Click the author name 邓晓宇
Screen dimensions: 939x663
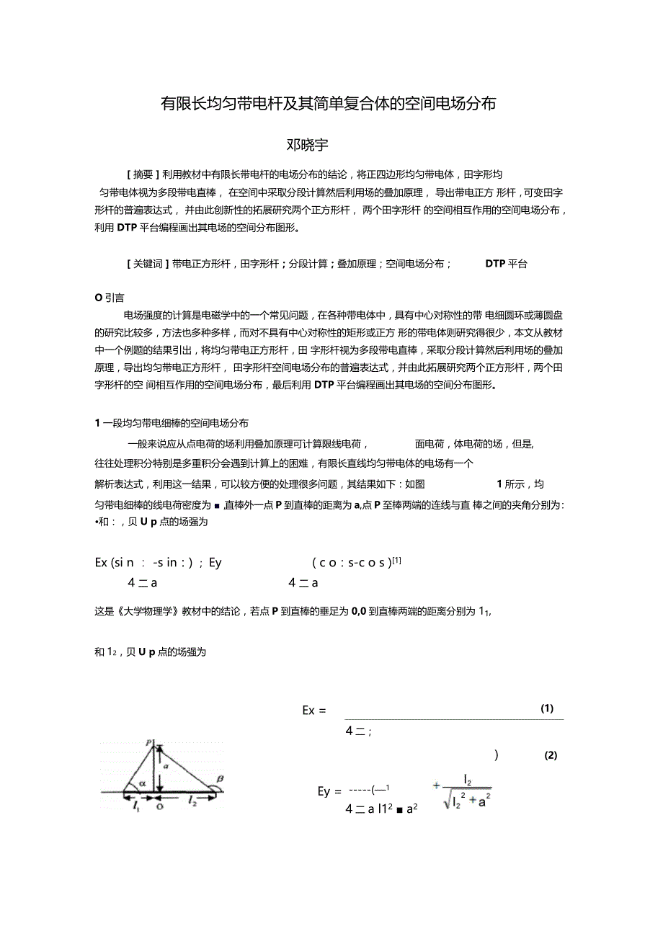point(308,145)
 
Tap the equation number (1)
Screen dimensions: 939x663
point(547,708)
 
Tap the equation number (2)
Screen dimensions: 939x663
point(551,755)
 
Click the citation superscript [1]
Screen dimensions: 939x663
point(396,559)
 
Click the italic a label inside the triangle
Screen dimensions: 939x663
point(165,767)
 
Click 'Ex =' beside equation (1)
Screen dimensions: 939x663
point(314,711)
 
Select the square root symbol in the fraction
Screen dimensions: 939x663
point(447,800)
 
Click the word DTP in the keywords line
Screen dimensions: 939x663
point(495,264)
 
